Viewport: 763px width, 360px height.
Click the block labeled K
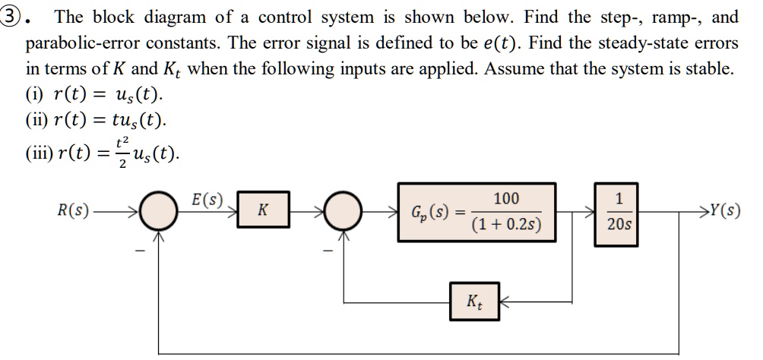[263, 210]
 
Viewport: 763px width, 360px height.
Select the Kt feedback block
[474, 301]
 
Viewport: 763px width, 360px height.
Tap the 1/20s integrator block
[616, 214]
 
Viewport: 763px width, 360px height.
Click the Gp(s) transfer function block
[477, 212]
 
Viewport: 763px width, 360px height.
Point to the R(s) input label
[73, 210]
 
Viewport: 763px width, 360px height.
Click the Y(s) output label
[725, 210]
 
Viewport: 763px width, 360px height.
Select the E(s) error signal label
[206, 200]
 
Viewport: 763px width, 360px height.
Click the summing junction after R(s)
[158, 211]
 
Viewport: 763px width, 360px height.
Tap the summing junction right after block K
[343, 211]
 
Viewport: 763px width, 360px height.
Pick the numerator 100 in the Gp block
[506, 198]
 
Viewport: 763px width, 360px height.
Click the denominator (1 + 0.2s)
[506, 225]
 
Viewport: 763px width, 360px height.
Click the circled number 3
[11, 17]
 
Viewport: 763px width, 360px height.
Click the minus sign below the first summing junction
[140, 251]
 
